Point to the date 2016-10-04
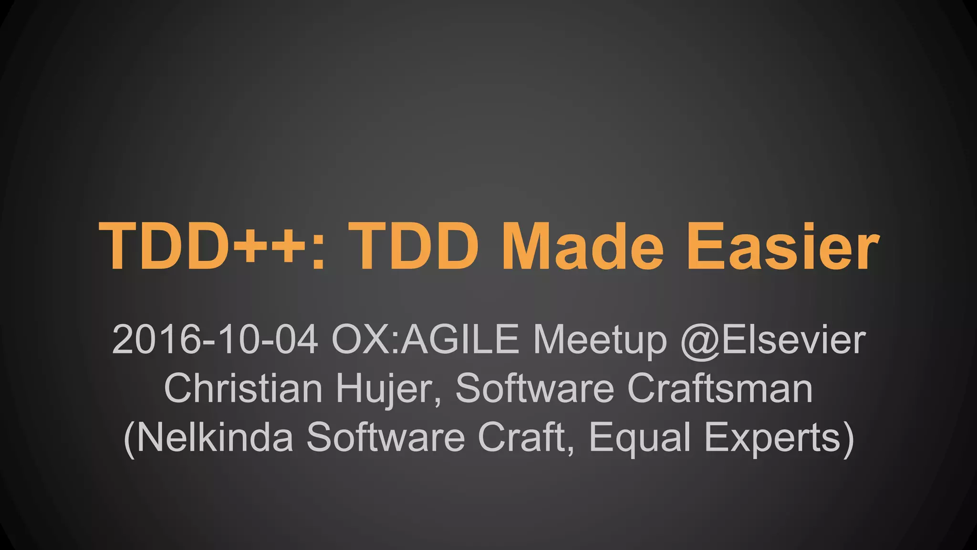(215, 340)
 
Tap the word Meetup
(600, 340)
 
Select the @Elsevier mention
(773, 340)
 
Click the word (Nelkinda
(208, 437)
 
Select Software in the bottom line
(385, 437)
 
